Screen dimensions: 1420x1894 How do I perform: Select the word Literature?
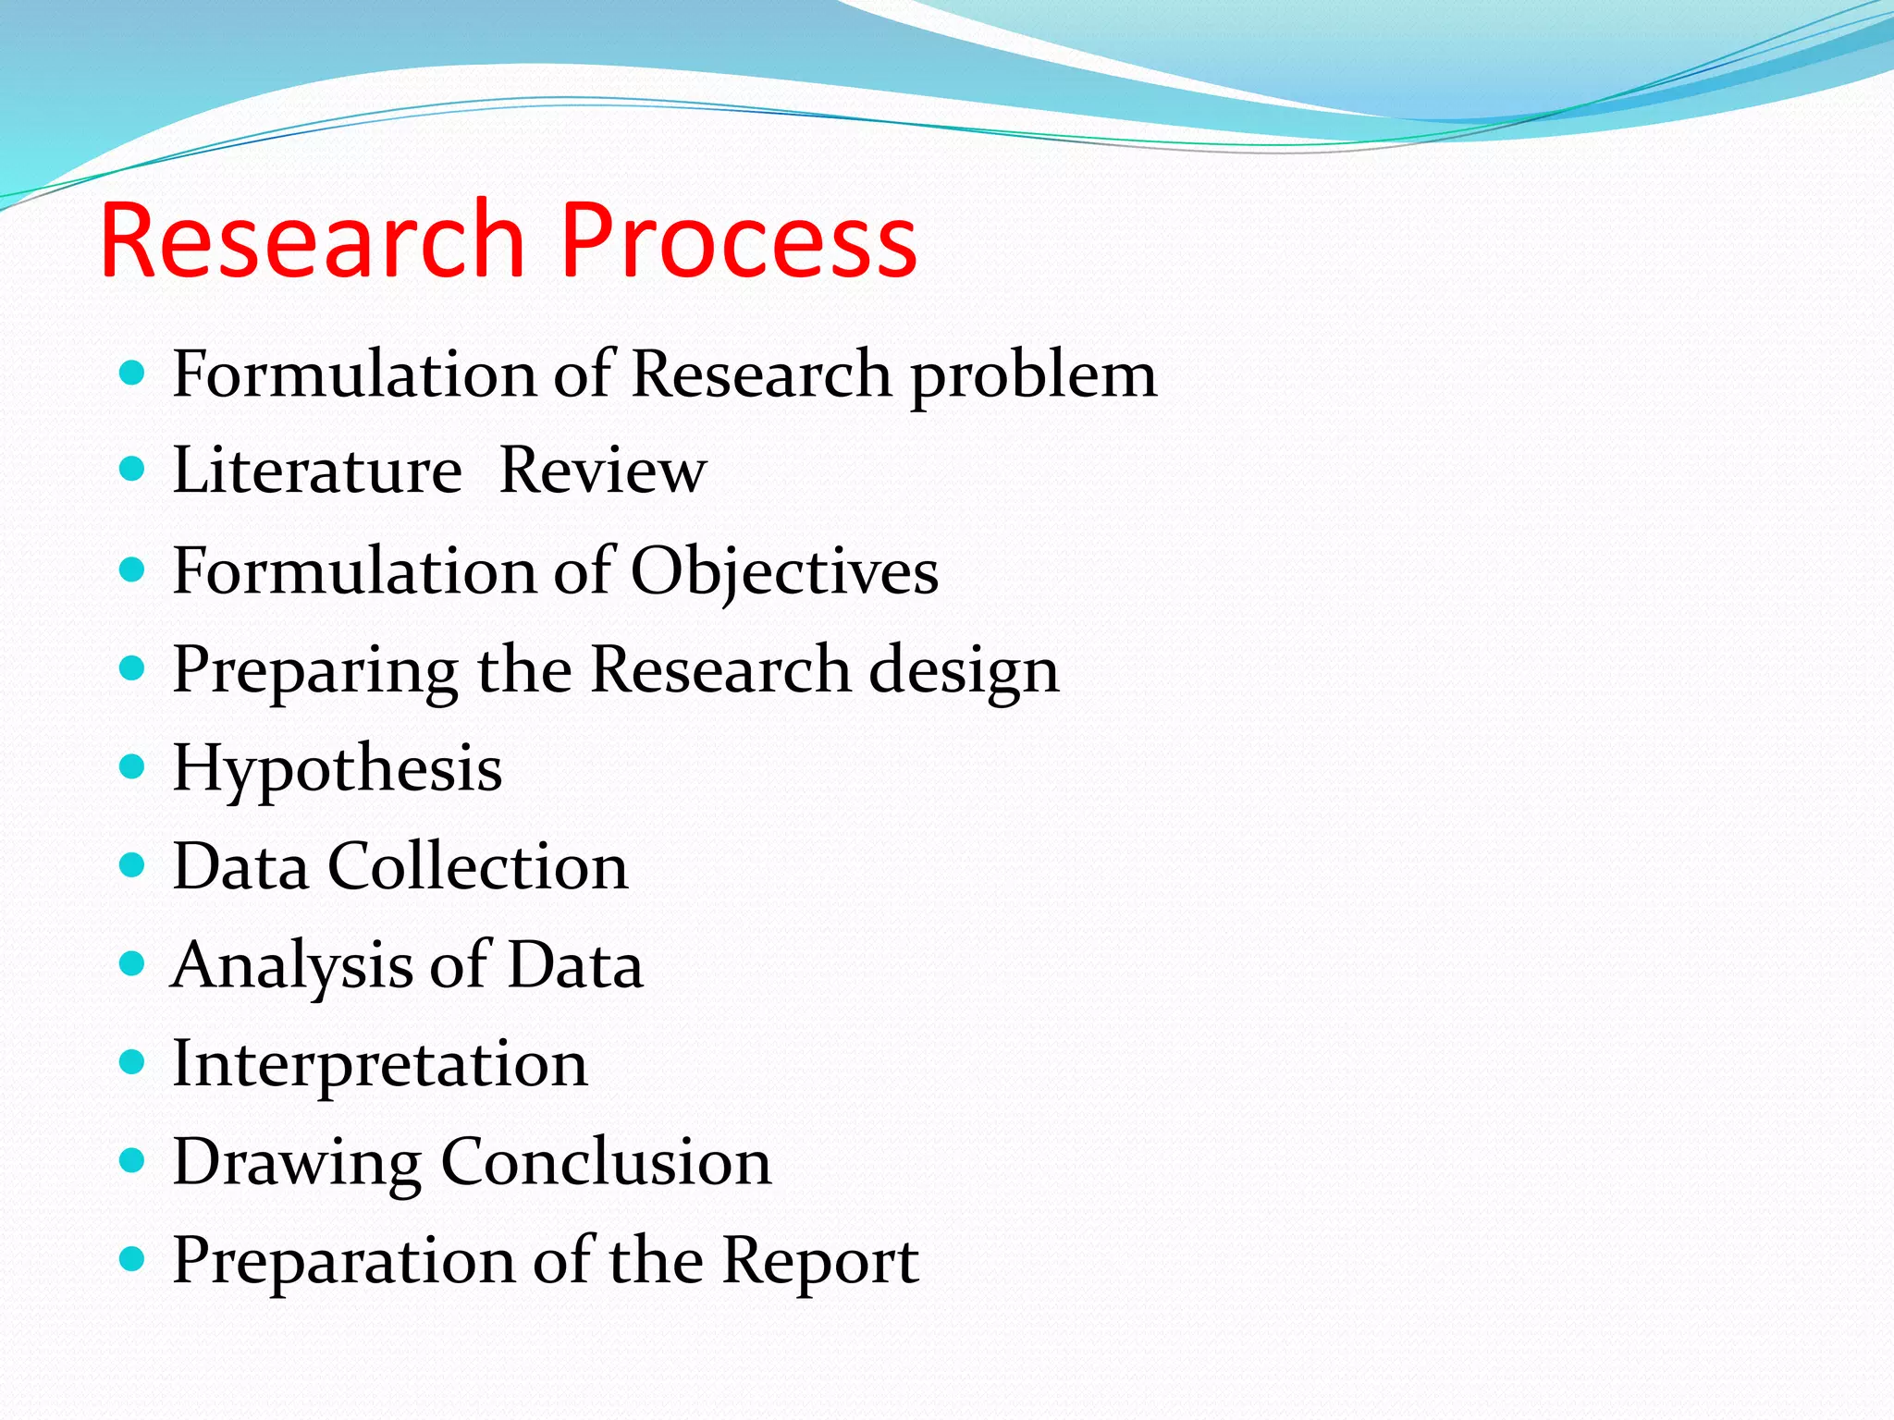coord(317,471)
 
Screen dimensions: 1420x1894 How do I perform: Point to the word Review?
coord(603,471)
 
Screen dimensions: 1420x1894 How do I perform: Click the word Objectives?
coord(784,571)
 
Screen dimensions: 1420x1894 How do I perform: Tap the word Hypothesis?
coord(338,769)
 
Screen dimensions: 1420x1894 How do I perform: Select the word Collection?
coord(478,867)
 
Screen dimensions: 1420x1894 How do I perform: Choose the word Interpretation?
coord(380,1065)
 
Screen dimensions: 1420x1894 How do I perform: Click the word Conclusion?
coord(606,1162)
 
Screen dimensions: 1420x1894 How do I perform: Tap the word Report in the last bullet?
coord(819,1261)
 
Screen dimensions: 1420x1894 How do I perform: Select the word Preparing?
coord(315,671)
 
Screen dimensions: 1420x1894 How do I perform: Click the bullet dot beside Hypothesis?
coord(133,766)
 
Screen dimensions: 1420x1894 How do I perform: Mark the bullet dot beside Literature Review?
coord(133,469)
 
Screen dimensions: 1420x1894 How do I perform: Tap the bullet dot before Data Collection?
coord(133,865)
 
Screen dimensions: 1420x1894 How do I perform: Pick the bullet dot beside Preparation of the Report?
coord(133,1258)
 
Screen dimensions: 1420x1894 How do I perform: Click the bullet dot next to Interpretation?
coord(133,1061)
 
